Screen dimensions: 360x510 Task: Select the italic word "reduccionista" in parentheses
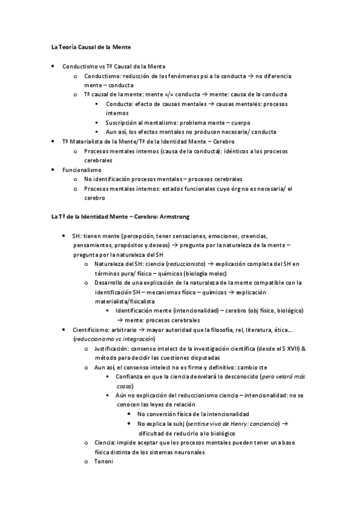click(184, 264)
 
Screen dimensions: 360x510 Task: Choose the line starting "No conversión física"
click(193, 414)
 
